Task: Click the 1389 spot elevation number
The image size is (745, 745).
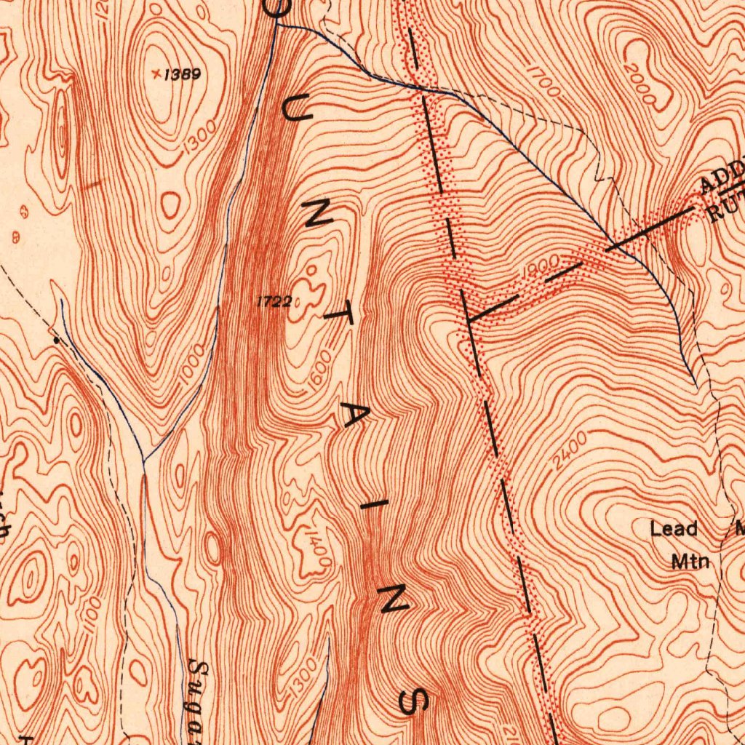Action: (182, 74)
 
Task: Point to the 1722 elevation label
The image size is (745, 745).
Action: (274, 301)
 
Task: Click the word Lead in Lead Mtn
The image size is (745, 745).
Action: (674, 529)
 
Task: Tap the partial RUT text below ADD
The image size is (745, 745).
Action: (728, 205)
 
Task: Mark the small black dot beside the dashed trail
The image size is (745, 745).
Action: (56, 339)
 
